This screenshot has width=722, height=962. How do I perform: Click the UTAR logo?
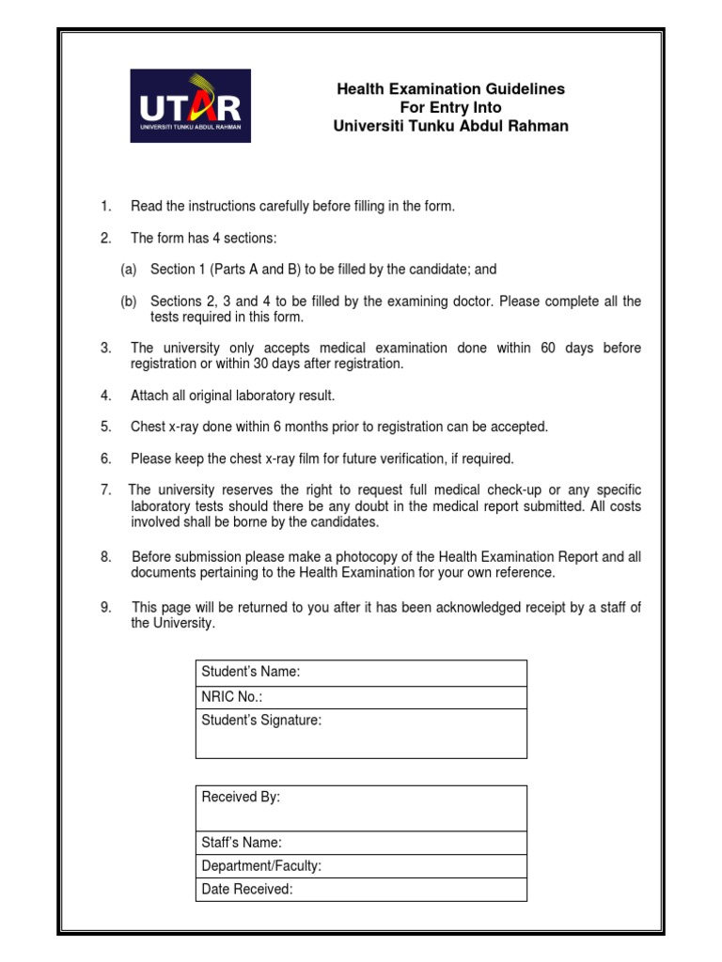tap(191, 104)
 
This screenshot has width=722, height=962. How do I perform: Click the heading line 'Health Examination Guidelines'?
tap(451, 88)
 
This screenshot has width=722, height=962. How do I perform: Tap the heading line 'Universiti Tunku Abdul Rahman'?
tap(451, 126)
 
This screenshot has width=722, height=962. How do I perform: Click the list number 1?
tap(106, 207)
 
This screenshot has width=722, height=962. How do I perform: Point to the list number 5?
tap(106, 427)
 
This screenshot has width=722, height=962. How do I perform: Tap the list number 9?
tap(106, 607)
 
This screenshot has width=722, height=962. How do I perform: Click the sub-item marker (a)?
tap(128, 270)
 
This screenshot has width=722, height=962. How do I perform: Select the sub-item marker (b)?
tap(128, 302)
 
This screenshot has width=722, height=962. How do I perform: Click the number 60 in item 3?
tap(549, 349)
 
